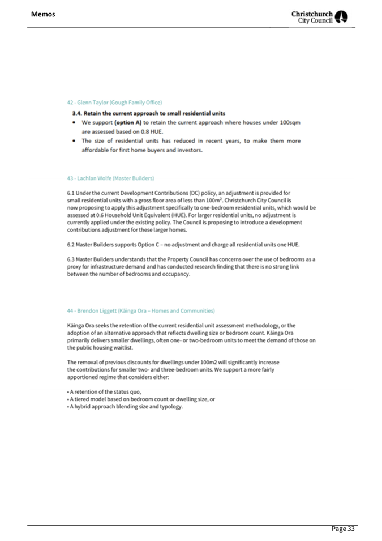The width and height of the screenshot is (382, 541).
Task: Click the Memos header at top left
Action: pos(43,14)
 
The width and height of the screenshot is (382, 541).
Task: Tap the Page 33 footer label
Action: pos(343,529)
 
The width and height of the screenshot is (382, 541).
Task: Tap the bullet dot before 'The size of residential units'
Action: pos(74,141)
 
